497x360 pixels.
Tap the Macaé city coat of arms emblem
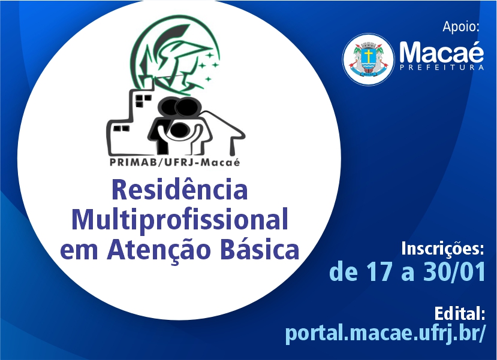click(x=368, y=59)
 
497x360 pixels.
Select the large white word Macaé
click(x=441, y=52)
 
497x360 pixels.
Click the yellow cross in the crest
click(x=368, y=56)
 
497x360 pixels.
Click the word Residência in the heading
click(x=179, y=190)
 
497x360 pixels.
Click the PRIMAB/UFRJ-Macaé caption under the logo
click(x=174, y=162)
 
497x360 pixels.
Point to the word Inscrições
click(x=442, y=249)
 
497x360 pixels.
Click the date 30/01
click(x=454, y=272)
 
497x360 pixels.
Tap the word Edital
click(x=460, y=313)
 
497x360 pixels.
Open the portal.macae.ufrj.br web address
click(x=385, y=333)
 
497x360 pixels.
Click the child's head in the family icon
click(x=180, y=130)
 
